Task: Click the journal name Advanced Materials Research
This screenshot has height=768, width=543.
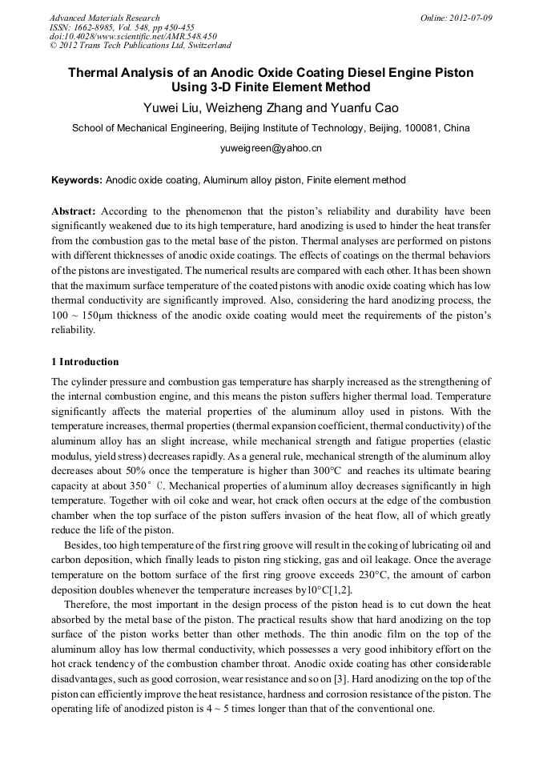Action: pos(104,18)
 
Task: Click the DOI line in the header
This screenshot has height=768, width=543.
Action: pos(133,36)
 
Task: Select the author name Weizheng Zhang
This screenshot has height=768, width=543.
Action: pos(260,108)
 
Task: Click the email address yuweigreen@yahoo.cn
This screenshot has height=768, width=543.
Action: pos(271,148)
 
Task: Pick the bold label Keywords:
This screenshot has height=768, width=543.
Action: pos(77,180)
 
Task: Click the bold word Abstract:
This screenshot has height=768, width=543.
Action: pos(74,211)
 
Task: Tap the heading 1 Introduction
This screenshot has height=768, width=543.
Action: pos(85,361)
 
